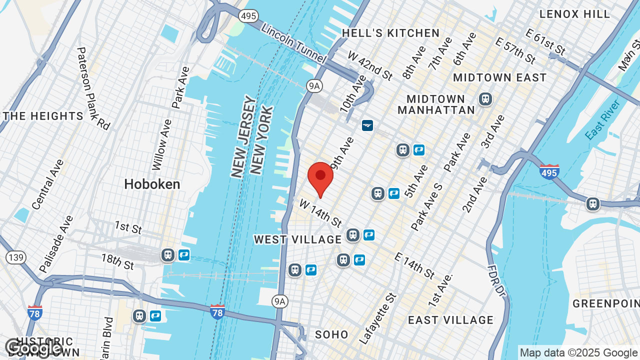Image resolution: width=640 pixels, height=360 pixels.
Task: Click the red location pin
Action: click(x=320, y=178)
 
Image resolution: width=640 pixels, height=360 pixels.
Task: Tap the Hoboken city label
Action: click(x=152, y=184)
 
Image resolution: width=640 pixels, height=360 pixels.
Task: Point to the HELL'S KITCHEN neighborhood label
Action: click(x=390, y=33)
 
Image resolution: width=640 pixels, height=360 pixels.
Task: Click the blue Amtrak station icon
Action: click(x=367, y=125)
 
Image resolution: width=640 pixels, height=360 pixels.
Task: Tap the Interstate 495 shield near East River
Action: click(x=549, y=171)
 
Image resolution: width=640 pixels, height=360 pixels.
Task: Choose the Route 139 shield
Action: click(x=15, y=257)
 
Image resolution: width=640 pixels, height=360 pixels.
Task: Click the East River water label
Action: click(x=602, y=119)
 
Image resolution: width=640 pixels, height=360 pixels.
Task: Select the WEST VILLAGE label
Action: click(x=297, y=239)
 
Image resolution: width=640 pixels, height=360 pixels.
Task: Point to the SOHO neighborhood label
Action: click(x=331, y=334)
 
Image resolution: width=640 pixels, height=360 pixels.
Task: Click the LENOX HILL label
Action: click(x=574, y=14)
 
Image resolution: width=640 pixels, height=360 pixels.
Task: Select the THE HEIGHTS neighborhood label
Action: click(x=43, y=116)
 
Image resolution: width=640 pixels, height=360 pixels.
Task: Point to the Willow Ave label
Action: click(x=161, y=144)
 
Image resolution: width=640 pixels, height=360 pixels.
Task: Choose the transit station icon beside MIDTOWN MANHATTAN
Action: click(x=484, y=99)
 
